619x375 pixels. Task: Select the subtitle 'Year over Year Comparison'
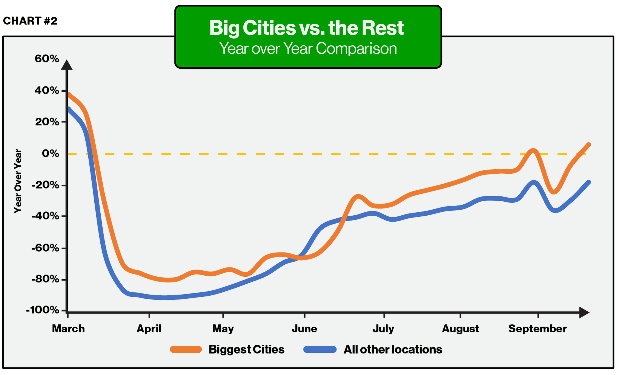pos(308,48)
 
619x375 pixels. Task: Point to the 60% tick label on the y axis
pos(47,59)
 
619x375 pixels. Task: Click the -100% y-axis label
pos(43,310)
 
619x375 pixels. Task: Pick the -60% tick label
pos(45,248)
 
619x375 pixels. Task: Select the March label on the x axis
pos(68,329)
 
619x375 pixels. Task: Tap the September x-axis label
pos(537,329)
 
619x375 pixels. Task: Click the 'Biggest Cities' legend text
pos(246,349)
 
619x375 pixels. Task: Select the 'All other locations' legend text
pos(393,349)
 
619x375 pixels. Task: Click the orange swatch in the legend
pos(186,349)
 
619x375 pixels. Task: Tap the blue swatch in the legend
pos(320,349)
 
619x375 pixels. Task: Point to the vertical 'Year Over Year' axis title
pos(18,181)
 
